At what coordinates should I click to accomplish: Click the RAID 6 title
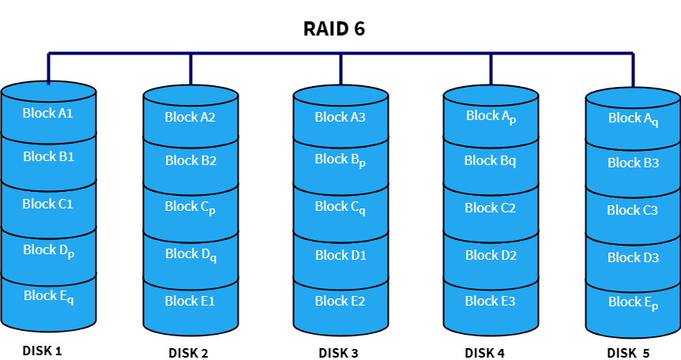(x=334, y=28)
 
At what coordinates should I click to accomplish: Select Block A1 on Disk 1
(x=48, y=113)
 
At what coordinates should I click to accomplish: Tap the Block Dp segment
(x=48, y=251)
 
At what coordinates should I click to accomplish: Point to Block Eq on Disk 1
(x=48, y=297)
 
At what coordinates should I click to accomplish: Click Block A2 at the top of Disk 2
(x=190, y=118)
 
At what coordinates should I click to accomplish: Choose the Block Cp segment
(x=190, y=208)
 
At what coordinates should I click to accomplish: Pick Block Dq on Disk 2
(x=190, y=255)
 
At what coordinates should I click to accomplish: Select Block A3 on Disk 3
(x=340, y=118)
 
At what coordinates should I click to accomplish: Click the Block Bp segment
(x=340, y=160)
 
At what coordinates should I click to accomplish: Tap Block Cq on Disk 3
(x=340, y=208)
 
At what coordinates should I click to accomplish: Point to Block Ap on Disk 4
(x=490, y=117)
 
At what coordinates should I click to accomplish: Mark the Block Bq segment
(x=490, y=161)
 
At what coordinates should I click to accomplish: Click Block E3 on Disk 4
(x=490, y=301)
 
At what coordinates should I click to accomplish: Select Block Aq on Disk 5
(x=632, y=119)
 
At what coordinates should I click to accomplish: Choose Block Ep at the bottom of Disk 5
(x=632, y=303)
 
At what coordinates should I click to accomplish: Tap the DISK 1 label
(x=43, y=350)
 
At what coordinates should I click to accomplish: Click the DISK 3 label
(x=339, y=352)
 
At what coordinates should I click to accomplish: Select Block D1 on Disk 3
(x=340, y=255)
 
